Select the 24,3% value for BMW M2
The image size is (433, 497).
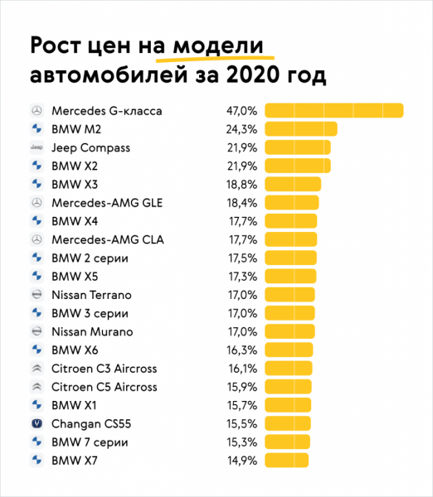[241, 129]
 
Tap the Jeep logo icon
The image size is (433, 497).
[36, 147]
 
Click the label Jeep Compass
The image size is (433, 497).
[91, 147]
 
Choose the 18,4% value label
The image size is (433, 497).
[241, 202]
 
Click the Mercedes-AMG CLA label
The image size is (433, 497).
[108, 239]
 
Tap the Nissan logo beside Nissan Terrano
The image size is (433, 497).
[36, 295]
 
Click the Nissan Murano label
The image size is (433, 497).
[92, 331]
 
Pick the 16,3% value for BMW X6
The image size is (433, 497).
[241, 350]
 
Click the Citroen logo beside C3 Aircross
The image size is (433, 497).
[36, 369]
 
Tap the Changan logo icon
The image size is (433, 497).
[36, 423]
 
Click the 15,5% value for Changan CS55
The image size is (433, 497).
[241, 423]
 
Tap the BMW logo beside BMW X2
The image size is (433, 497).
[36, 166]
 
